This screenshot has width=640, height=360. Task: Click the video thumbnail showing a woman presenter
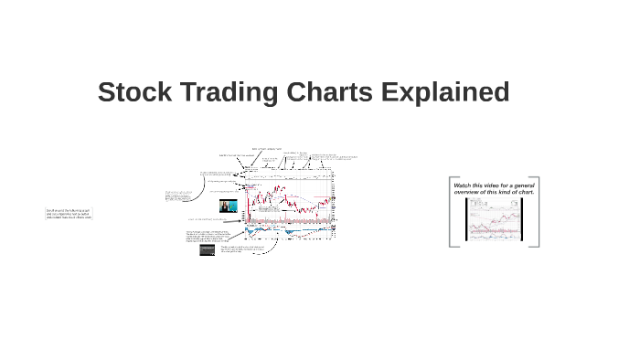228,206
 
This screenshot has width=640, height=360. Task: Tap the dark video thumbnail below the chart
207,249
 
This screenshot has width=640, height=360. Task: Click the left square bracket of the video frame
451,212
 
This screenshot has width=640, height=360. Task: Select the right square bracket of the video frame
538,212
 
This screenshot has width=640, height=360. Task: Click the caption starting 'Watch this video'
494,189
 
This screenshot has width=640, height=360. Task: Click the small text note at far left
69,214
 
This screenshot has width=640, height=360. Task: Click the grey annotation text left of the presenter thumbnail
177,196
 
